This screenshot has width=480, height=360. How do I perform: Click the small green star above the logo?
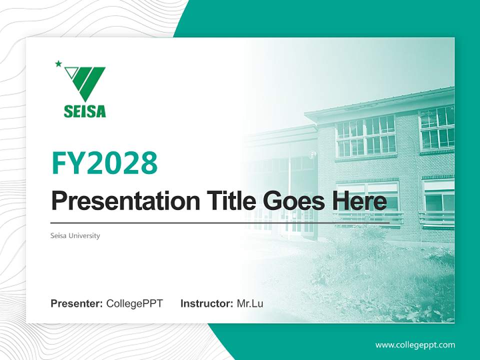coord(58,63)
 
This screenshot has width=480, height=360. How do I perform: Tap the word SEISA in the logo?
coord(84,111)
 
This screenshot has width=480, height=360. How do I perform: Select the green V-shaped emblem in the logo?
coord(87,83)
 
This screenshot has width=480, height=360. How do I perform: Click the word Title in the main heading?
coord(227,201)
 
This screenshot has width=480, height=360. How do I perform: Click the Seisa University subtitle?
coord(75,235)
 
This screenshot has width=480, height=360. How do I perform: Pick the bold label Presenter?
coord(77,303)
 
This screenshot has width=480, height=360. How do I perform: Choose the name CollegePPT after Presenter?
coord(134,303)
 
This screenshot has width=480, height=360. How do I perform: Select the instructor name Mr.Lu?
coord(250,303)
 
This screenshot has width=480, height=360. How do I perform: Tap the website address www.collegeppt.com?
coord(415,344)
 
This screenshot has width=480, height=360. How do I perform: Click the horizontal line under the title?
coord(220,222)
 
